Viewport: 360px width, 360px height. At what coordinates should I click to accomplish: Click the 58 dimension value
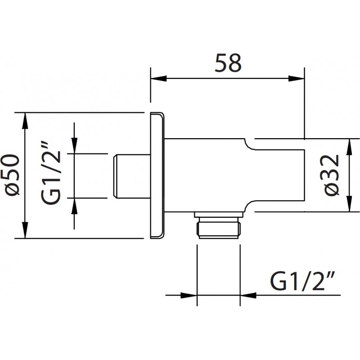pos(228,63)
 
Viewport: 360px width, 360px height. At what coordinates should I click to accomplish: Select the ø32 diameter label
pos(332,175)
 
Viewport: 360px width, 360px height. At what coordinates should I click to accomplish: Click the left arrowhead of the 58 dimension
pos(158,78)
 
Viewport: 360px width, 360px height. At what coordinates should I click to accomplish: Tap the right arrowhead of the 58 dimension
pos(297,78)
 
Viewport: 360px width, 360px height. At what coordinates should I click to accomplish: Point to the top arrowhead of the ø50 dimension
pos(25,121)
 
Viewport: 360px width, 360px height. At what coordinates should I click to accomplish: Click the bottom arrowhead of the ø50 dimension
pos(25,230)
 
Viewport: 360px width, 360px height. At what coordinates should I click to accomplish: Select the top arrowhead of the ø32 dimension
pos(349,147)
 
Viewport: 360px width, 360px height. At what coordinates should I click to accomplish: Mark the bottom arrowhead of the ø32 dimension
pos(349,204)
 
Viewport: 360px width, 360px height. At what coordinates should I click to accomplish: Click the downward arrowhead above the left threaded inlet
pos(74,145)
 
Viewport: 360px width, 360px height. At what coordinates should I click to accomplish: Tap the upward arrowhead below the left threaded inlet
pos(74,206)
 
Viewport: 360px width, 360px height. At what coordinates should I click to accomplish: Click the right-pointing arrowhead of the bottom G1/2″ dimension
pos(189,295)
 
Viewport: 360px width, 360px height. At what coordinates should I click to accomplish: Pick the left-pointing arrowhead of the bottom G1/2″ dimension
pos(248,295)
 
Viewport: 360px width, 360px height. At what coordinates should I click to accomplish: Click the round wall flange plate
pos(157,175)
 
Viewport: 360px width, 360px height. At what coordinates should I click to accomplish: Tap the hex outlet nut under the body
pos(218,228)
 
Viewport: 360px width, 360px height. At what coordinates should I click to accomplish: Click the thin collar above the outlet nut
pos(218,215)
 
